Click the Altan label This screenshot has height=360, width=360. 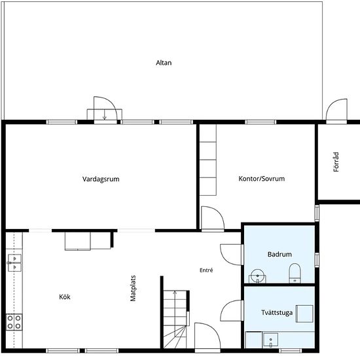(x=164, y=63)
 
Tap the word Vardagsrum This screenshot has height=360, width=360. (x=101, y=179)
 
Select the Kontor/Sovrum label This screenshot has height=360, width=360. (x=262, y=179)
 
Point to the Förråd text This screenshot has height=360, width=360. (x=336, y=162)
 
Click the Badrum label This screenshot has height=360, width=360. (x=279, y=254)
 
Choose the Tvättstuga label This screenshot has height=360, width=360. (x=277, y=312)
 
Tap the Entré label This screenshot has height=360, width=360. (x=206, y=270)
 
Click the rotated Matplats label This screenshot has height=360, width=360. (x=133, y=288)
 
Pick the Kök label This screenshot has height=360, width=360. (x=65, y=297)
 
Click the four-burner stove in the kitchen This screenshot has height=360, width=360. (x=14, y=322)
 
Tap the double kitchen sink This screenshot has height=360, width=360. (x=14, y=262)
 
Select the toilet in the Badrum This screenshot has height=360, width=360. (x=295, y=273)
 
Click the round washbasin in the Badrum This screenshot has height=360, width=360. (x=257, y=276)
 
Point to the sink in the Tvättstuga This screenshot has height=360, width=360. (x=270, y=340)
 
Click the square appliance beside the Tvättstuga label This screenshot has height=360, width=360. (x=304, y=314)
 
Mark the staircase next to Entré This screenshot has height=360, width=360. (x=175, y=319)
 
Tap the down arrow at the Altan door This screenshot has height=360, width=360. (x=105, y=115)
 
